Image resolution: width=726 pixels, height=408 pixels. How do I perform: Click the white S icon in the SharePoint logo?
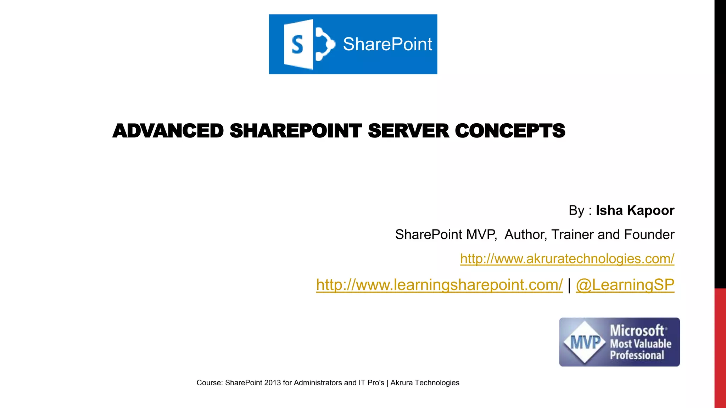click(x=298, y=44)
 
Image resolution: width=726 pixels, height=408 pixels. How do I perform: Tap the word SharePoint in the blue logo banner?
click(x=387, y=44)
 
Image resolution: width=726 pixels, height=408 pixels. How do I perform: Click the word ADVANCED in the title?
click(x=168, y=131)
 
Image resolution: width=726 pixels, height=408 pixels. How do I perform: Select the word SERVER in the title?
click(x=408, y=131)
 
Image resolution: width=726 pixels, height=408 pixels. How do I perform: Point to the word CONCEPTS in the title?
click(x=510, y=131)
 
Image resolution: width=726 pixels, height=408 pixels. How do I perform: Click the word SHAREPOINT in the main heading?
click(x=296, y=131)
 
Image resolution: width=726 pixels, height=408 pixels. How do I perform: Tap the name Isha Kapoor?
click(x=635, y=210)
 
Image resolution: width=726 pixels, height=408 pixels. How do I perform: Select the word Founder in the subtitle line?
click(x=649, y=234)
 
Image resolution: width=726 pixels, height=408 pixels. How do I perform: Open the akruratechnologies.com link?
click(x=567, y=259)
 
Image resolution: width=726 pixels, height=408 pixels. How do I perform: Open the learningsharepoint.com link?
click(x=439, y=285)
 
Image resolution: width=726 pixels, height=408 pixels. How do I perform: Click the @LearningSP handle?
click(x=625, y=285)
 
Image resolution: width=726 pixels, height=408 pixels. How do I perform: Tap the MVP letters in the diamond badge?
click(x=585, y=342)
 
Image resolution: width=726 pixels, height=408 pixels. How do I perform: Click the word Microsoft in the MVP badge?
click(x=637, y=330)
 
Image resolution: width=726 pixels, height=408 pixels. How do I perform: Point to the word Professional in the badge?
click(x=637, y=355)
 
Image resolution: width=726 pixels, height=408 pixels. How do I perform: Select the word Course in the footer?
click(x=209, y=383)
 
